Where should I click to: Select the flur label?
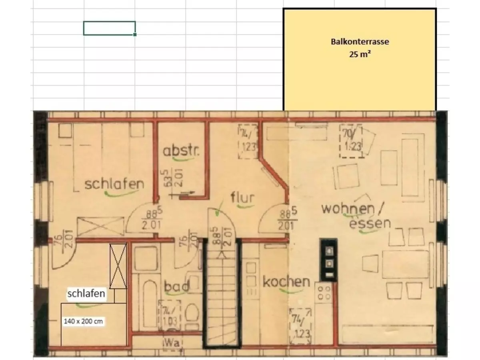(242, 198)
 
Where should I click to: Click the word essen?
(370, 223)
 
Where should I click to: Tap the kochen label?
(286, 282)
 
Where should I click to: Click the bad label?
(176, 286)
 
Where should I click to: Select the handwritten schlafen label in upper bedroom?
(114, 184)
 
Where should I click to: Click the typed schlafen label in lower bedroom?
(86, 294)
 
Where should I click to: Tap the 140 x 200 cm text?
(83, 321)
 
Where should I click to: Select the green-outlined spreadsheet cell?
(109, 28)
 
